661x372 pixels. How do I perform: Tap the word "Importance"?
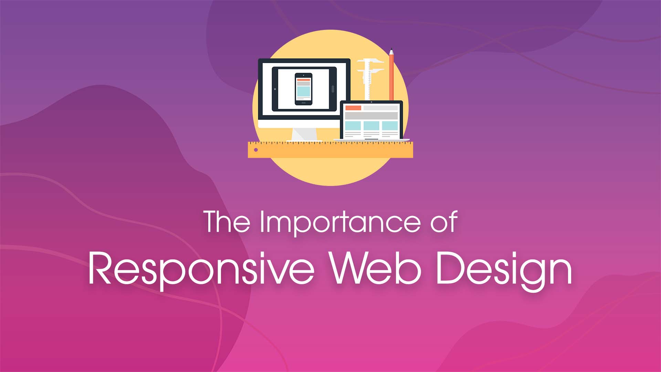pyautogui.click(x=339, y=223)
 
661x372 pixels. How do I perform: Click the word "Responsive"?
pyautogui.click(x=201, y=269)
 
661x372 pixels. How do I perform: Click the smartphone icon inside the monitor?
pyautogui.click(x=303, y=89)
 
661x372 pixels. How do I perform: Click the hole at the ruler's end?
pyautogui.click(x=256, y=150)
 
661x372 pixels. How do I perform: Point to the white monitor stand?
pyautogui.click(x=304, y=134)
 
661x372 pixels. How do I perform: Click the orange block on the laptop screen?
pyautogui.click(x=353, y=108)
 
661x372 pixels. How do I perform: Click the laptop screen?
pyautogui.click(x=371, y=121)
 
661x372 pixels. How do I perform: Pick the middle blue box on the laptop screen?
pyautogui.click(x=371, y=126)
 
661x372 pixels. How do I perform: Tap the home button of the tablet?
pyautogui.click(x=333, y=89)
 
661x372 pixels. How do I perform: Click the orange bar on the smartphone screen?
pyautogui.click(x=303, y=80)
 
